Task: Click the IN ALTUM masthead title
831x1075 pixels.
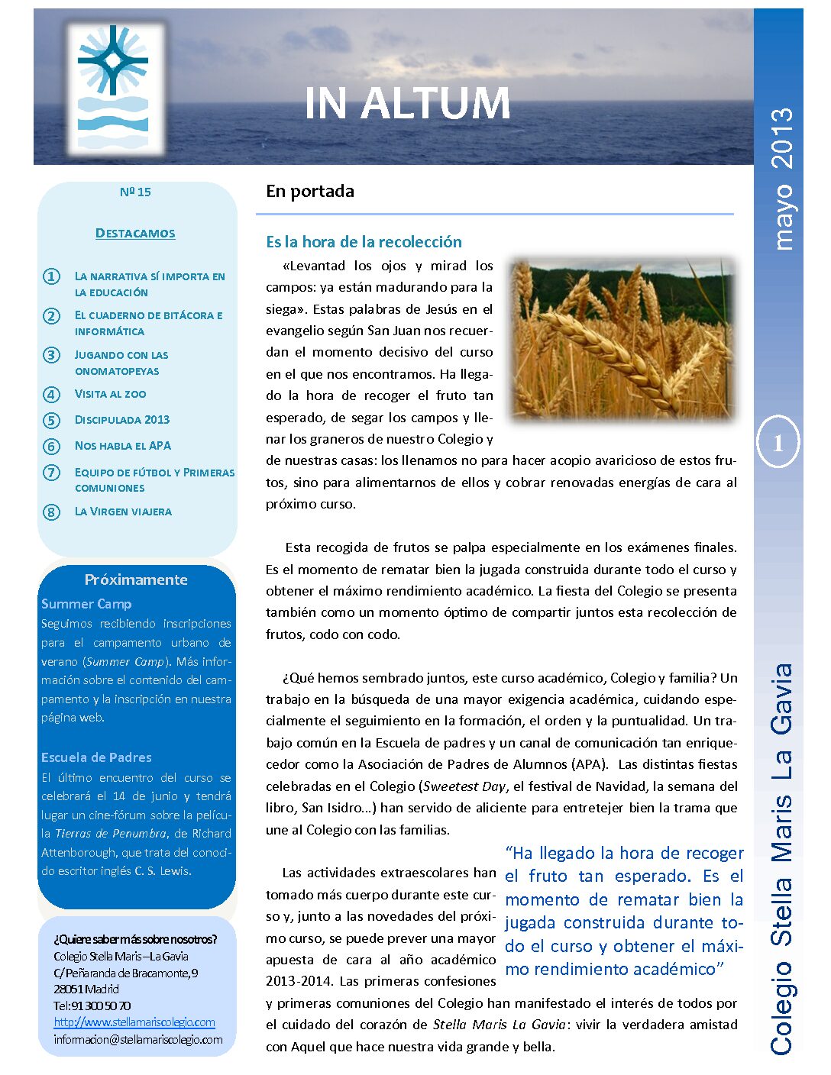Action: (x=407, y=104)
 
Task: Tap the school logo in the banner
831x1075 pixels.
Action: (x=115, y=89)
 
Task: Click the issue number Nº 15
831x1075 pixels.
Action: (x=135, y=192)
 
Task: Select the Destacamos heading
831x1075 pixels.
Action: (x=135, y=233)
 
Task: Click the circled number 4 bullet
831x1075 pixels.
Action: (x=51, y=395)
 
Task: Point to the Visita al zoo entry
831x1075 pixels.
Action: (x=110, y=394)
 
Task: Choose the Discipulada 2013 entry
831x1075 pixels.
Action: (x=122, y=419)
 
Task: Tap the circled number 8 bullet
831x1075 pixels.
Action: (x=51, y=512)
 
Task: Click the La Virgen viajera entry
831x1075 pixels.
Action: (x=123, y=512)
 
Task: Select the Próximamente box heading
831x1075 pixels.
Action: (x=136, y=579)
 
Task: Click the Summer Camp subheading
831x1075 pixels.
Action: (x=86, y=604)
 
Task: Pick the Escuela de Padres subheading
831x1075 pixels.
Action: (x=96, y=757)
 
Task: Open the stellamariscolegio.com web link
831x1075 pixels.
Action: (x=134, y=1022)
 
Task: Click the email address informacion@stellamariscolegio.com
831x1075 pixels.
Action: (x=138, y=1039)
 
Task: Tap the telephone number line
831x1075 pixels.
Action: (x=92, y=1006)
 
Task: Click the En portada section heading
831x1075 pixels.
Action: (x=310, y=191)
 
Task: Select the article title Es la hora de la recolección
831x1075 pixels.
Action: (x=364, y=242)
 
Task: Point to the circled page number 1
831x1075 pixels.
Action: (x=778, y=443)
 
